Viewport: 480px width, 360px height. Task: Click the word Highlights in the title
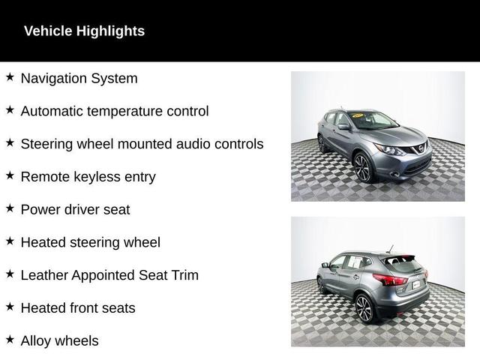pos(110,31)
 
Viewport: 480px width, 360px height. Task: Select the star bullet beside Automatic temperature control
pos(10,110)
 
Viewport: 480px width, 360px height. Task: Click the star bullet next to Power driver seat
pos(10,208)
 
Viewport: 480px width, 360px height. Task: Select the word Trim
pos(185,275)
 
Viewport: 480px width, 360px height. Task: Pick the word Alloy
pos(36,341)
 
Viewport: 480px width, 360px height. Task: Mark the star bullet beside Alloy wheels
pos(10,340)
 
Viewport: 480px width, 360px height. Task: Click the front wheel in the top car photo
pos(363,168)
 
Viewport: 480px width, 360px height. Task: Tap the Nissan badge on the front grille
pos(421,149)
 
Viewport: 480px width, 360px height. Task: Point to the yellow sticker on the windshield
pos(358,115)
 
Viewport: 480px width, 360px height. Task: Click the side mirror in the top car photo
pos(343,126)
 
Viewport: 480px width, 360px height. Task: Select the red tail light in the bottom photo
pos(391,280)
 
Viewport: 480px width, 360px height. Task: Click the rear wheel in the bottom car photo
pos(365,308)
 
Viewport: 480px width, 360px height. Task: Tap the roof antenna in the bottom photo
pos(390,248)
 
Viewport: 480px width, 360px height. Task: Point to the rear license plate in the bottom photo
pos(416,285)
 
